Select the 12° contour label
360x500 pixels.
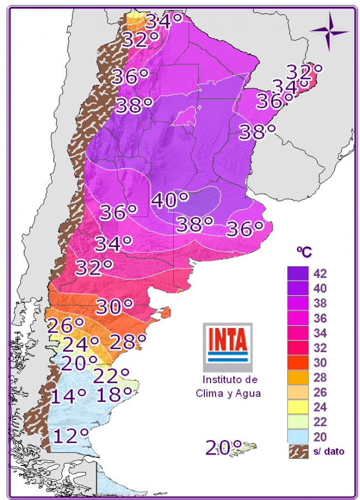pos(71,435)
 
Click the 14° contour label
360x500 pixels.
pos(69,395)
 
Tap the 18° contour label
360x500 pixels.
pos(115,394)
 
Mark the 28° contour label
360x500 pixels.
pos(127,342)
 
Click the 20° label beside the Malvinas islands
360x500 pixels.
pos(224,446)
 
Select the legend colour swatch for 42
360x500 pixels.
pos(297,274)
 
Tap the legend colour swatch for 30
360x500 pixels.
pos(297,363)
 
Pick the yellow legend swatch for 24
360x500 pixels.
pos(297,407)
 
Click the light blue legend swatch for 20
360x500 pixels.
pos(297,437)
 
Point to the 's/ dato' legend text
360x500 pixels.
pos(329,451)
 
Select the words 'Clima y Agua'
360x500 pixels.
pos(228,393)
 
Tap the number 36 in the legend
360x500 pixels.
pos(320,318)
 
